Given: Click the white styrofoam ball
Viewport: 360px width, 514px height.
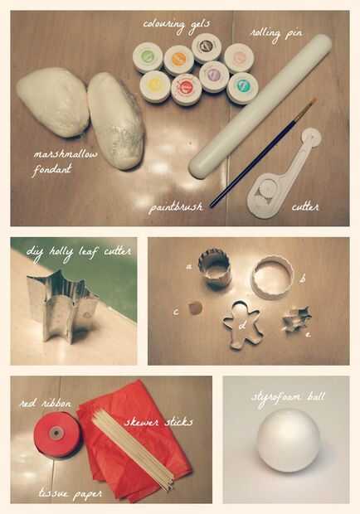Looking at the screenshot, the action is pos(288,440).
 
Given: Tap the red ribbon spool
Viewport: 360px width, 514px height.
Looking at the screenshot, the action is pos(56,434).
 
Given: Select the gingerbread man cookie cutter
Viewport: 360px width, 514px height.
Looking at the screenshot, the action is pos(242,324).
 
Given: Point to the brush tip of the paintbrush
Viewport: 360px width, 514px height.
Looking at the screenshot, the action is pos(312,102).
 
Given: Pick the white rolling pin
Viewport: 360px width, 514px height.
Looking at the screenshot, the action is pos(260,107).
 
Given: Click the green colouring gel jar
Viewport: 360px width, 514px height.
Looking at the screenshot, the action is pos(148,58).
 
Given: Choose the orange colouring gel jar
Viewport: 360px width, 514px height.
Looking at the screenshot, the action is pos(178,61).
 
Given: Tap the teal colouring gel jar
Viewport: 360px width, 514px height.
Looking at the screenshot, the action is pos(242,88).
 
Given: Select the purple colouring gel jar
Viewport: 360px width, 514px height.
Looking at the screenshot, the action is pos(214,76).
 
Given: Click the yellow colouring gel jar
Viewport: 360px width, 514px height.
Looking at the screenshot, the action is pos(155,86).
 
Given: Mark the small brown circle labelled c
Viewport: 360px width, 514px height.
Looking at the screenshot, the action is pos(195,308).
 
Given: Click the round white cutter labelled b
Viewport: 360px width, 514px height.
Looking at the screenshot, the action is pos(272,277).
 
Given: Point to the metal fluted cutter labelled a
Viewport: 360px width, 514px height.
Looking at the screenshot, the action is pos(215,269).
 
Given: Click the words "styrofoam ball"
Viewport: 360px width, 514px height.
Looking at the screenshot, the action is pos(288,398).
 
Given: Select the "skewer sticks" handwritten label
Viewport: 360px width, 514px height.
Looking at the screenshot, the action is pos(158,421).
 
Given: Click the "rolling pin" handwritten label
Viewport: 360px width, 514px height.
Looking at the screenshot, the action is pos(276,34).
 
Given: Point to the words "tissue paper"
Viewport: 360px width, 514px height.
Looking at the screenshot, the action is pos(71,494).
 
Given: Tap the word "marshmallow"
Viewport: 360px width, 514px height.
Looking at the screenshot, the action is pos(66,154).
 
